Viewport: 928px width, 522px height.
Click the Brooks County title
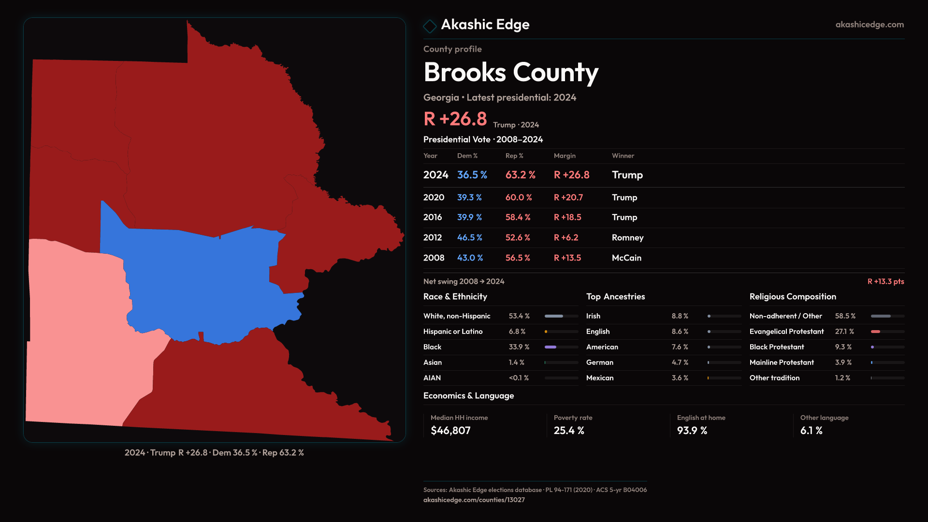tap(511, 72)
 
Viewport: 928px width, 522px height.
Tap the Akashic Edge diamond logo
tap(430, 26)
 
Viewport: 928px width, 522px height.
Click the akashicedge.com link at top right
tap(870, 25)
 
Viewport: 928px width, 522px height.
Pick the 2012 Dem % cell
tap(469, 238)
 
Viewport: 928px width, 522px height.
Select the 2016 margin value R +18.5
tap(567, 217)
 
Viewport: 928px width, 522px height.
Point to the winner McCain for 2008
tap(626, 258)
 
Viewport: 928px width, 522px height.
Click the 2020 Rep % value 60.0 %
tap(519, 198)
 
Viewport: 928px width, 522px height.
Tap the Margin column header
tap(565, 156)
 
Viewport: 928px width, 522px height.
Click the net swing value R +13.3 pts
tap(885, 281)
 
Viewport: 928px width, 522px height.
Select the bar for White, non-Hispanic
tap(561, 316)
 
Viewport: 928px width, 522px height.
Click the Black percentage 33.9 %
tap(519, 347)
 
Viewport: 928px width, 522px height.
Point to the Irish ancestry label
tap(593, 316)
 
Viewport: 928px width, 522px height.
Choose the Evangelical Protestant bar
tap(887, 332)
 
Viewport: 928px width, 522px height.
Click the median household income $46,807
tap(450, 431)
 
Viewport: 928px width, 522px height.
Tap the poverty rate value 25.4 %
tap(569, 431)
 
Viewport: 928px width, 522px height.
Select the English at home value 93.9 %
tap(692, 431)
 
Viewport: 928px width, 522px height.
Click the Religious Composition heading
tap(793, 297)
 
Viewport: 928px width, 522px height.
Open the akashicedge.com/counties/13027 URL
tap(474, 500)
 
